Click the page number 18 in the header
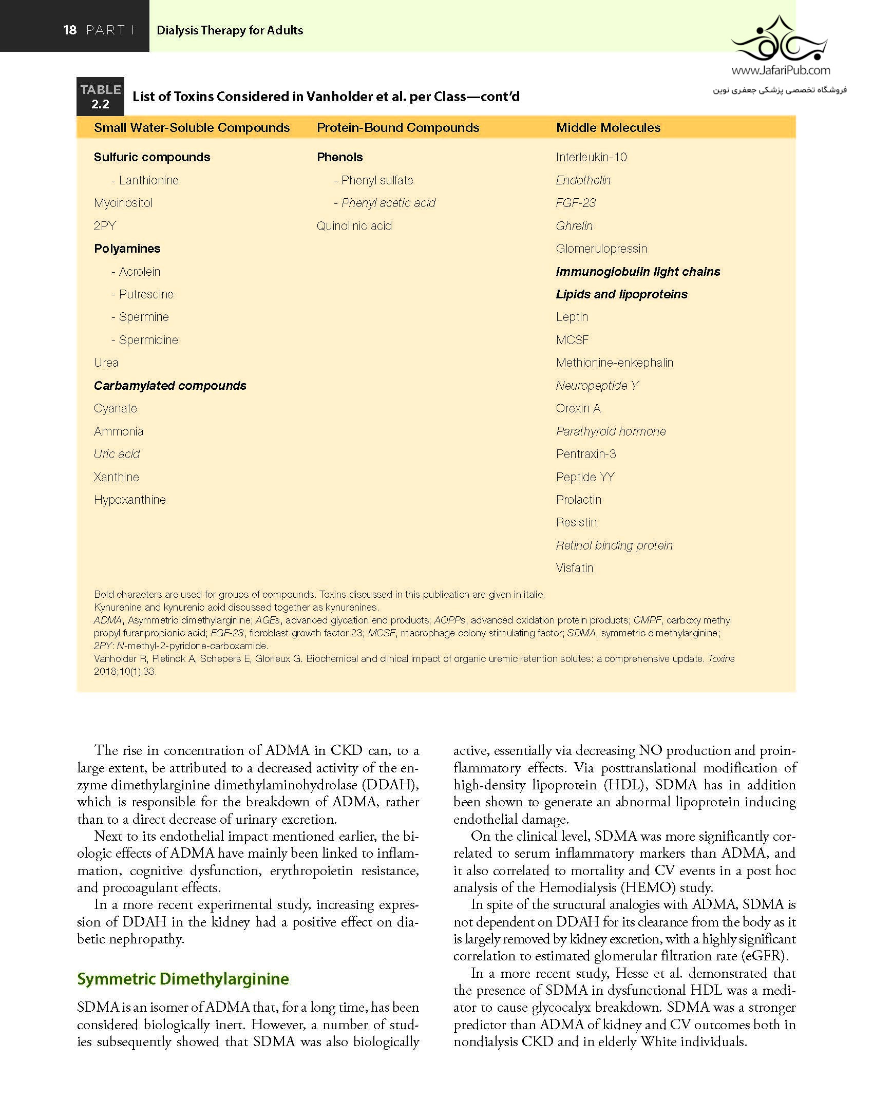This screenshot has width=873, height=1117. click(70, 30)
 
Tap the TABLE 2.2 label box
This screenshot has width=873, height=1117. click(100, 97)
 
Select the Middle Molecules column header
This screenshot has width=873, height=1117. click(608, 127)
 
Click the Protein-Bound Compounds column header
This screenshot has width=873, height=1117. click(397, 127)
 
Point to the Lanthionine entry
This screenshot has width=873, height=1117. click(148, 180)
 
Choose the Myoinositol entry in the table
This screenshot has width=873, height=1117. click(123, 203)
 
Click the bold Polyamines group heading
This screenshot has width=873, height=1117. click(127, 249)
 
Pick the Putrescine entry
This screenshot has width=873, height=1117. click(146, 294)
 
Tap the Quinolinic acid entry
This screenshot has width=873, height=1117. click(354, 226)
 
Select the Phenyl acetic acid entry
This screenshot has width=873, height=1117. click(388, 203)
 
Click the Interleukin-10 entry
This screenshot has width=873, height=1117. click(591, 157)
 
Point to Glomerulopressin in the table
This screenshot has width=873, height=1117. click(601, 249)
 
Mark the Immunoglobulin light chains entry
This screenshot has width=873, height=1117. click(638, 272)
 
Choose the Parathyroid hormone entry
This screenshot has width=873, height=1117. click(611, 431)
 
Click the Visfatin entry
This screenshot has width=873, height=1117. click(574, 568)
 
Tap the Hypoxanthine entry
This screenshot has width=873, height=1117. click(129, 500)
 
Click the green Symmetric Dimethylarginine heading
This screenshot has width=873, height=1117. click(183, 979)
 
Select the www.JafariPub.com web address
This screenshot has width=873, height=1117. click(781, 70)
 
